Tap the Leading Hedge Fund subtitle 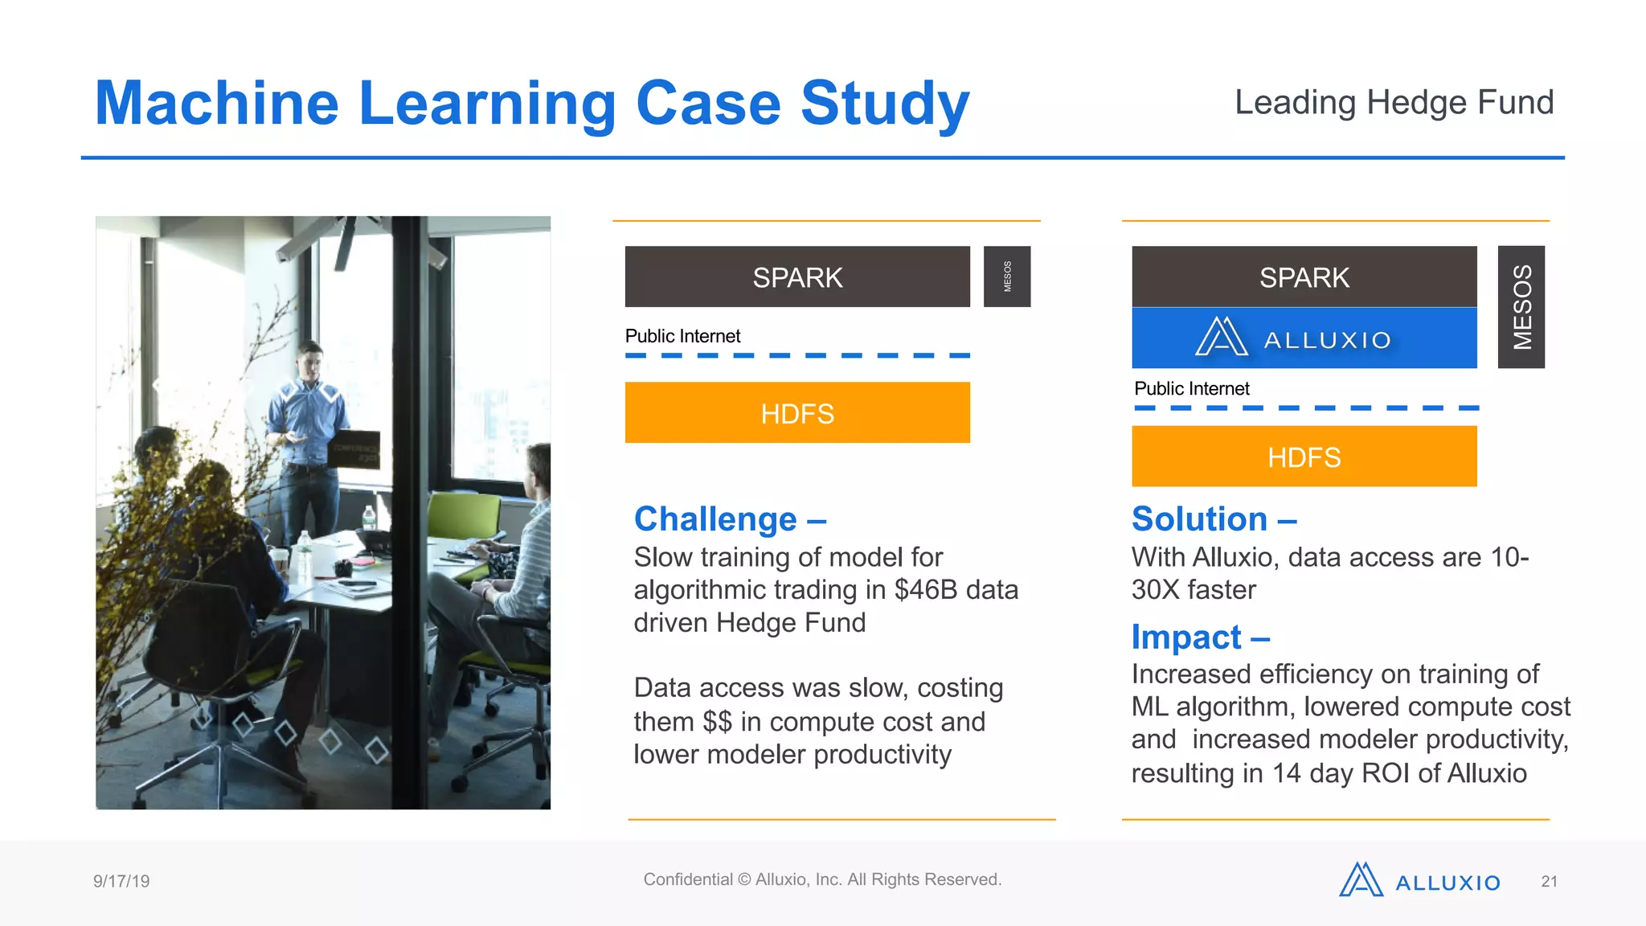coord(1394,102)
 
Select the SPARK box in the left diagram coord(797,277)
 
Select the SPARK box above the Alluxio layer coord(1304,277)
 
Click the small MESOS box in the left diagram coord(1006,277)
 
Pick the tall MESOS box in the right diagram coord(1521,307)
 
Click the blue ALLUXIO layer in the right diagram coord(1304,338)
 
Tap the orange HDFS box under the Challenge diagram coord(797,413)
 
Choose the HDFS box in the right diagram coord(1304,457)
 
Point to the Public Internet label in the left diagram coord(682,336)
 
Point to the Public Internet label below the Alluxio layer coord(1191,389)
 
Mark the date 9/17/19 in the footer coord(121,881)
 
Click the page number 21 coord(1549,882)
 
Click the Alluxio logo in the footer coord(1419,881)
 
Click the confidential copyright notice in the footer coord(822,879)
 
